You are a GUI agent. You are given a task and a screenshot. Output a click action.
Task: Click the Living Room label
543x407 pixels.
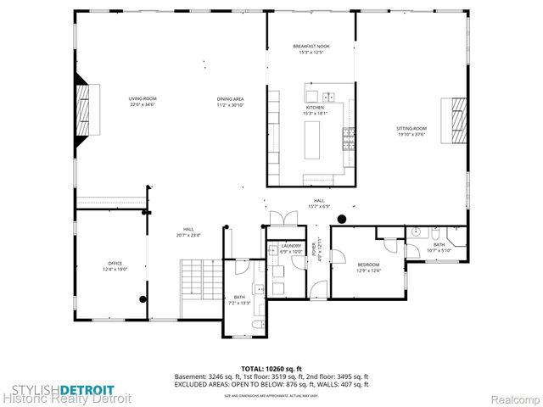(x=141, y=103)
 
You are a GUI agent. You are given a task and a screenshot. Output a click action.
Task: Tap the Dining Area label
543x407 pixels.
(x=230, y=103)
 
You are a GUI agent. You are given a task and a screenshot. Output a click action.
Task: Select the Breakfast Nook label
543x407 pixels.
(x=311, y=49)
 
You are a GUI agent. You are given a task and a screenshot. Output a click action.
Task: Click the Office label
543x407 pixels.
(x=116, y=265)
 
